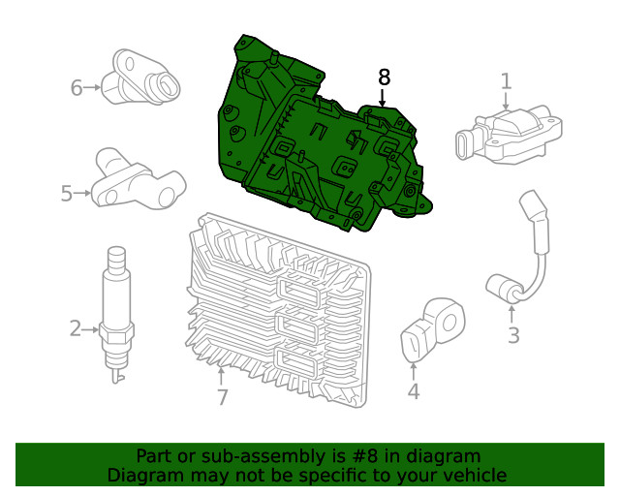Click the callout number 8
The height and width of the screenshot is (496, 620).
(x=384, y=77)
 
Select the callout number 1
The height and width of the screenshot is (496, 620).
(x=506, y=81)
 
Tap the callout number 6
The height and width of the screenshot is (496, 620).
(x=77, y=88)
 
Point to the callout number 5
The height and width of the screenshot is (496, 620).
(x=67, y=194)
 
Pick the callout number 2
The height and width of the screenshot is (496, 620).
(x=76, y=328)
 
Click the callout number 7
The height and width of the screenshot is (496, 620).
(x=222, y=397)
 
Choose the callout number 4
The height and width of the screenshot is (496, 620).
(x=414, y=391)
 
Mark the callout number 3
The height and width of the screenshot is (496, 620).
(x=513, y=336)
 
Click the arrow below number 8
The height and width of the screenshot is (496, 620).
(x=384, y=98)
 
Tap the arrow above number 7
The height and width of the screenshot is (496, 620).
(x=222, y=374)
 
